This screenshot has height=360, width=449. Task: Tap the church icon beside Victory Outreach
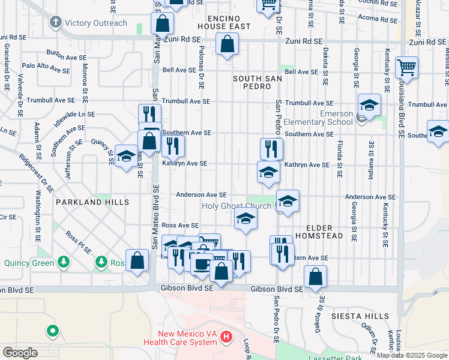[55, 23]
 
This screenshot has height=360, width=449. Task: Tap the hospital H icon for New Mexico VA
[226, 337]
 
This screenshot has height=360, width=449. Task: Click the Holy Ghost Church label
[237, 206]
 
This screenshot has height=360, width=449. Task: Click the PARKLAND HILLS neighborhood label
[92, 203]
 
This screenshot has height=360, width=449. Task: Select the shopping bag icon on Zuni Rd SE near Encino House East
[227, 44]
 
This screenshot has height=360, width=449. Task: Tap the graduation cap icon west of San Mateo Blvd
[125, 157]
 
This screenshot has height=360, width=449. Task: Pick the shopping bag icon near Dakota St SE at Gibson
[315, 277]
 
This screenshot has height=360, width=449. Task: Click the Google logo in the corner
[20, 353]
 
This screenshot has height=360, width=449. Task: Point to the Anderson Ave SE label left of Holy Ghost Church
[201, 194]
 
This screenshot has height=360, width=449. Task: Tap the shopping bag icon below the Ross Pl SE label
[137, 260]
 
